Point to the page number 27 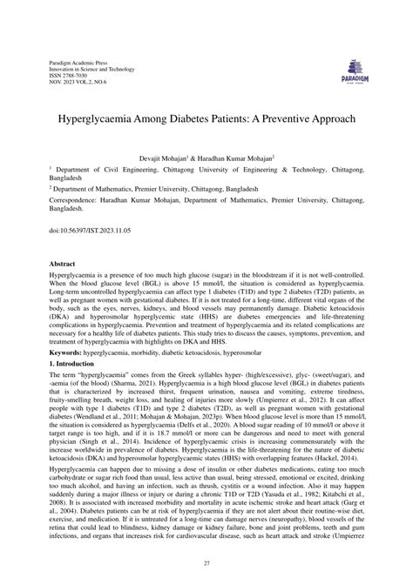pyautogui.click(x=206, y=564)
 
